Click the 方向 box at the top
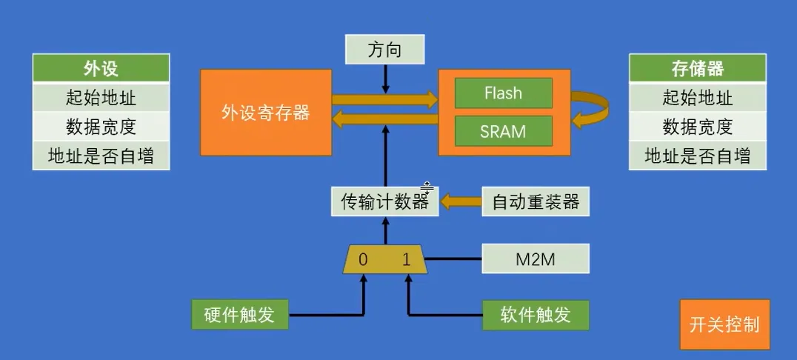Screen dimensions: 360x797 (x=385, y=50)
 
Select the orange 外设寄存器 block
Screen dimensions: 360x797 (x=266, y=113)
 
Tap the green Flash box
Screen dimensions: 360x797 (x=503, y=93)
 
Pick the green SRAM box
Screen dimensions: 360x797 (x=503, y=131)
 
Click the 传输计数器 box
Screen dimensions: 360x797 (x=385, y=201)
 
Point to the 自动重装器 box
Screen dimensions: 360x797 (x=536, y=201)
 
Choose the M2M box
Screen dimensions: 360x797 (x=536, y=259)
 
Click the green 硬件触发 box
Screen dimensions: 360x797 (x=239, y=314)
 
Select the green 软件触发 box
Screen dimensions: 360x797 (x=536, y=314)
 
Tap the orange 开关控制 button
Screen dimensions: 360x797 (x=724, y=324)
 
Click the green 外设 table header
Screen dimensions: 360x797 (x=101, y=69)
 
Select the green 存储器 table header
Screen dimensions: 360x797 (x=697, y=69)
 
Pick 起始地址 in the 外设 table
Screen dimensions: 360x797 (x=101, y=97)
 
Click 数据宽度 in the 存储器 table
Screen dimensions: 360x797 (x=697, y=127)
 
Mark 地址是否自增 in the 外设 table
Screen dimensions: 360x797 (x=101, y=156)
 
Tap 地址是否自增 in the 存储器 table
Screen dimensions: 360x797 (x=697, y=156)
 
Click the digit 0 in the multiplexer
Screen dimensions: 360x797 (x=363, y=259)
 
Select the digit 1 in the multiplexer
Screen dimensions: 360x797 (x=406, y=259)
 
